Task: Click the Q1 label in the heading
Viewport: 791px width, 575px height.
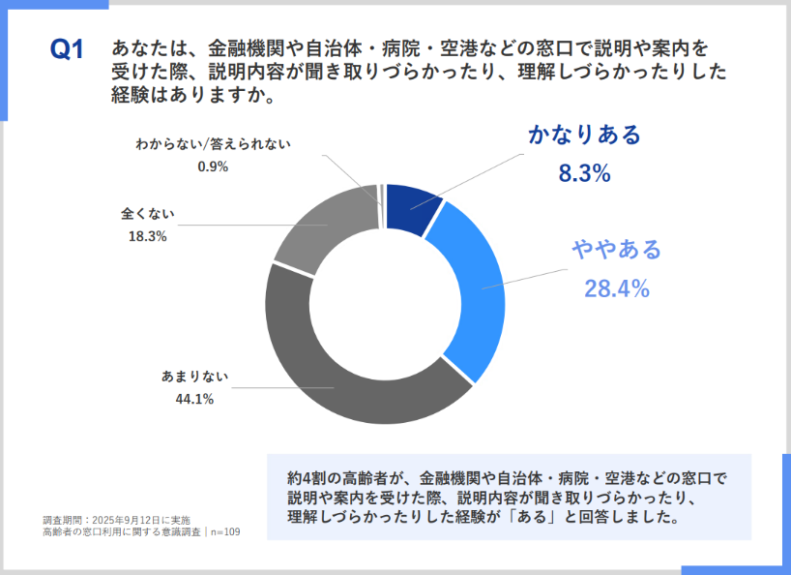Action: [x=68, y=49]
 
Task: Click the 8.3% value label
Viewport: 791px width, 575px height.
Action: [x=584, y=174]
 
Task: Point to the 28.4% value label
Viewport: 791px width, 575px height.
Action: [x=616, y=287]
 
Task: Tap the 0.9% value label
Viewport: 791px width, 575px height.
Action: [x=212, y=166]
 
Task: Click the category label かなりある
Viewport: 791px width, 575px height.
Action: [x=584, y=136]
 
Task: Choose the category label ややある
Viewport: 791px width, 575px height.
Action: [x=616, y=250]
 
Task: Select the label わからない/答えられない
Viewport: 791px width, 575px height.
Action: [x=213, y=144]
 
